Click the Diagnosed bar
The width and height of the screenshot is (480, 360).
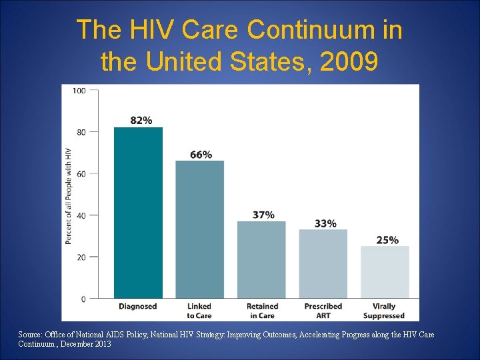tap(138, 213)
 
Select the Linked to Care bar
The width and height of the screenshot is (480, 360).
tap(200, 229)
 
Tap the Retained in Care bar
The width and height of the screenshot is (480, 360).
tap(261, 259)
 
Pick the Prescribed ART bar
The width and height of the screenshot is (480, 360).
tap(323, 263)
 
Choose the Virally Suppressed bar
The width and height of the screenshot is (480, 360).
tap(385, 272)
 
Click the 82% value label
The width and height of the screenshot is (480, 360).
tap(141, 121)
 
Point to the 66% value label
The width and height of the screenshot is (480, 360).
tap(201, 155)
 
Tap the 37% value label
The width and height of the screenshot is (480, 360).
tap(263, 215)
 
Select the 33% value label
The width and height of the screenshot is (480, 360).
tap(325, 223)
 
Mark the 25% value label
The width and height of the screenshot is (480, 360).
tap(387, 240)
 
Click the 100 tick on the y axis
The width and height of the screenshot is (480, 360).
tap(79, 91)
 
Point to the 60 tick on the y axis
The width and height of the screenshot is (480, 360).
tap(81, 174)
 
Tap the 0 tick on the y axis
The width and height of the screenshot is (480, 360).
tap(83, 299)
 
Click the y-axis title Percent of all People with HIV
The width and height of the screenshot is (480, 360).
tap(68, 195)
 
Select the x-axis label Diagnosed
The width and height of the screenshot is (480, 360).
tap(138, 307)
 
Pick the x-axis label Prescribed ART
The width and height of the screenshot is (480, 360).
tap(323, 311)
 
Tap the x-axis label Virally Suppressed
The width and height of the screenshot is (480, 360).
tap(384, 311)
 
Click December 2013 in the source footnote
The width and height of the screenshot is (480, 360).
tap(83, 344)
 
